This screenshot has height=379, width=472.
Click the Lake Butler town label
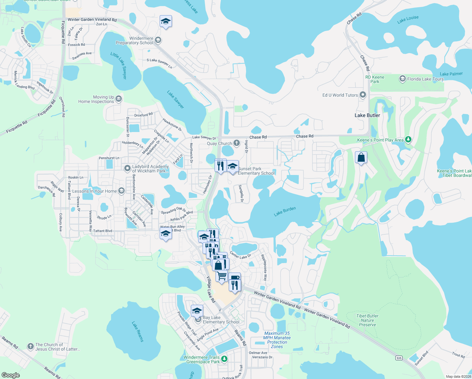tap(367, 115)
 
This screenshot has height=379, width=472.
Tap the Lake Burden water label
tap(285, 211)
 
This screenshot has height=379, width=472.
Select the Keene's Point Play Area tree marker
tap(408, 139)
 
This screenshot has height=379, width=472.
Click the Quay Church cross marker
tap(237, 143)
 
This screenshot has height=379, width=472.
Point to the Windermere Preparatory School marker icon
tap(158, 40)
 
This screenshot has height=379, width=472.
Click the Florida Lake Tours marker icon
tap(402, 79)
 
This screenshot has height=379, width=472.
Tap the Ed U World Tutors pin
tap(363, 95)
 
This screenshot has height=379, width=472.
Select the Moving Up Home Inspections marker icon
tap(119, 99)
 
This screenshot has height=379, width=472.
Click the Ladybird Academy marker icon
tap(127, 168)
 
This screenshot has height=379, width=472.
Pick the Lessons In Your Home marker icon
tap(121, 191)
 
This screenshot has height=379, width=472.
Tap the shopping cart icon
tap(222, 276)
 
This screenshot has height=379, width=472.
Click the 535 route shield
tap(399, 358)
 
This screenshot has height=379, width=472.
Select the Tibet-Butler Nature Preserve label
tap(367, 320)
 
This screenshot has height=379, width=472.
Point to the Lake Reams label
tap(138, 332)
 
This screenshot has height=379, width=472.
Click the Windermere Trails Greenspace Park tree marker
tap(224, 359)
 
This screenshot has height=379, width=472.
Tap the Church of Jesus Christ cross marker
tap(30, 346)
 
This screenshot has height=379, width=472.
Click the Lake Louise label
tap(408, 19)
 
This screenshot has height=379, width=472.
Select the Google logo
tap(11, 375)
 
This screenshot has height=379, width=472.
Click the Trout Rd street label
tap(458, 355)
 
